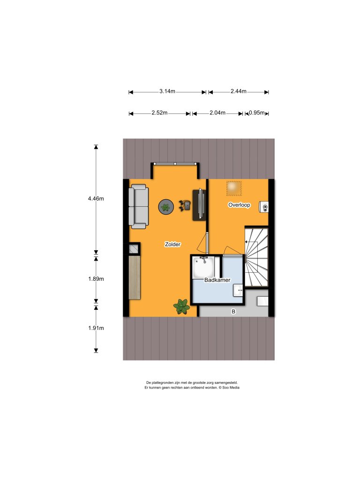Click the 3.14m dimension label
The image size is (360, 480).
coord(167,91)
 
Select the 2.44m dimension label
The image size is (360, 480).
coord(239,91)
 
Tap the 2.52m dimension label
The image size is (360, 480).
coord(159,112)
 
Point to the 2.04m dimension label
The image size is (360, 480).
coord(217,112)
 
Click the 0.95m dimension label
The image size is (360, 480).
coord(257,112)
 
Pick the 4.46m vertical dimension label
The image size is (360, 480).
coord(96,198)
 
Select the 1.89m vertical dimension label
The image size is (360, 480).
coord(96,279)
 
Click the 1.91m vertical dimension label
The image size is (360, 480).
coord(96,328)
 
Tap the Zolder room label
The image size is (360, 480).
coord(172,244)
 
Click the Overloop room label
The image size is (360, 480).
coord(239,205)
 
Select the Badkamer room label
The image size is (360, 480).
coord(217,280)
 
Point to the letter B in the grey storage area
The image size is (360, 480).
coord(233,312)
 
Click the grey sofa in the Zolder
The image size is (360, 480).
coord(139,207)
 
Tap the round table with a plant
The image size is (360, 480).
coord(166,207)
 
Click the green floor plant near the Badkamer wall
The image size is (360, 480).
coord(182,307)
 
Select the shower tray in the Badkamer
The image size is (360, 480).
coord(203,268)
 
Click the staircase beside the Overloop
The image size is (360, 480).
coord(256,257)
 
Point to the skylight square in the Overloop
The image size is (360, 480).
coord(234,188)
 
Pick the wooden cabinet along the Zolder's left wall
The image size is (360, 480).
coord(135,277)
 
